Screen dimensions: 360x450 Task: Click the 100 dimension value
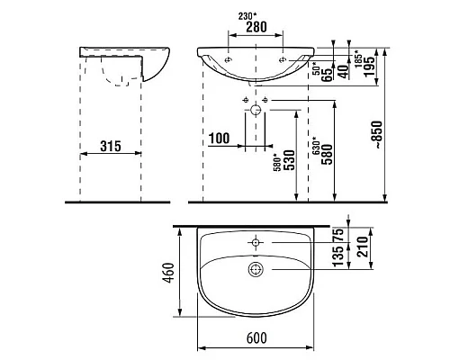pos(219,137)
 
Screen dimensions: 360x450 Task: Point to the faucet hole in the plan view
pos(256,242)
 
